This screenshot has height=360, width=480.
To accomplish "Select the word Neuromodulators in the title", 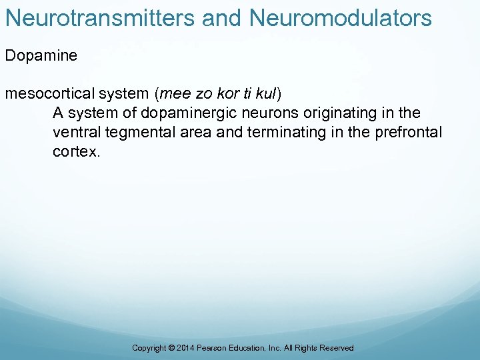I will click(x=341, y=18).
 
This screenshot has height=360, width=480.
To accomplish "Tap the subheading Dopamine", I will click(x=41, y=55).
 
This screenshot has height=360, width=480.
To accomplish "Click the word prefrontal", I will click(x=409, y=132).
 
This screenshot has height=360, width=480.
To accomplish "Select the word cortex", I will click(x=76, y=152).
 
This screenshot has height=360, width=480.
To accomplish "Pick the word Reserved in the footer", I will click(x=337, y=348).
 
